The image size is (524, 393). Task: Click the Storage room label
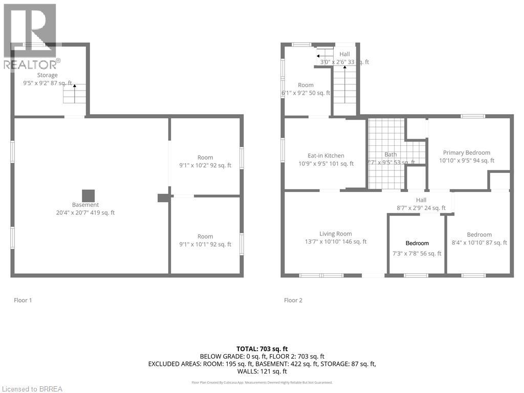[x=47, y=75]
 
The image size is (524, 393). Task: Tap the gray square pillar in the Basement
[x=89, y=196]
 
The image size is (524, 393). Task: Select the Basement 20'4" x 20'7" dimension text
[x=85, y=212]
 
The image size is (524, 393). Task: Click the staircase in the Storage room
[x=75, y=94]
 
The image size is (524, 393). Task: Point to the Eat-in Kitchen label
[x=325, y=156]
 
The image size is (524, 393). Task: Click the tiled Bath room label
[x=390, y=154]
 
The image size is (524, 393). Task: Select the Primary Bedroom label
[x=466, y=152]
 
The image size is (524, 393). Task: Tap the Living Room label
[x=335, y=234]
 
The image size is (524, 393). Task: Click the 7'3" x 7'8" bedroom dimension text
[x=417, y=253]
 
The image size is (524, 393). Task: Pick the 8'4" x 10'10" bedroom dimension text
[x=478, y=243]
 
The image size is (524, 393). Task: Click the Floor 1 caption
[x=23, y=300]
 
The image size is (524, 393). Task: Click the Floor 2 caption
[x=293, y=300]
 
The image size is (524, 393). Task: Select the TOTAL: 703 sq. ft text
[x=261, y=348]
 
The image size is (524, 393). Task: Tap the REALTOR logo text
[x=31, y=64]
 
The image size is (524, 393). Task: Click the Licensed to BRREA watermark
[x=32, y=389]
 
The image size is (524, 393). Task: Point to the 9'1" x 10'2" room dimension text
[x=205, y=165]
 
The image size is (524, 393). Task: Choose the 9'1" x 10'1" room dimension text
[x=205, y=244]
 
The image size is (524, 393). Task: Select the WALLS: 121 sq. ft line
[x=261, y=372]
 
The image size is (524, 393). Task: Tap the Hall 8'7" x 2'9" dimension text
[x=421, y=208]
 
